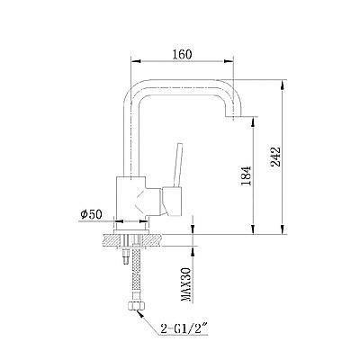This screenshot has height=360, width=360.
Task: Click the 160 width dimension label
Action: [182, 54]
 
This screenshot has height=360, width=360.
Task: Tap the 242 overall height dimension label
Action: [275, 157]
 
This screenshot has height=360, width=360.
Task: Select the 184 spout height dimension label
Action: [246, 175]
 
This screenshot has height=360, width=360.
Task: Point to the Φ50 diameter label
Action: [92, 214]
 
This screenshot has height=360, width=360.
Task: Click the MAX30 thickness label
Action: [186, 284]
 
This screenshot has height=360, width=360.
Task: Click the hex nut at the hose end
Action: [136, 306]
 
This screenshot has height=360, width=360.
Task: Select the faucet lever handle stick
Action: [178, 165]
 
